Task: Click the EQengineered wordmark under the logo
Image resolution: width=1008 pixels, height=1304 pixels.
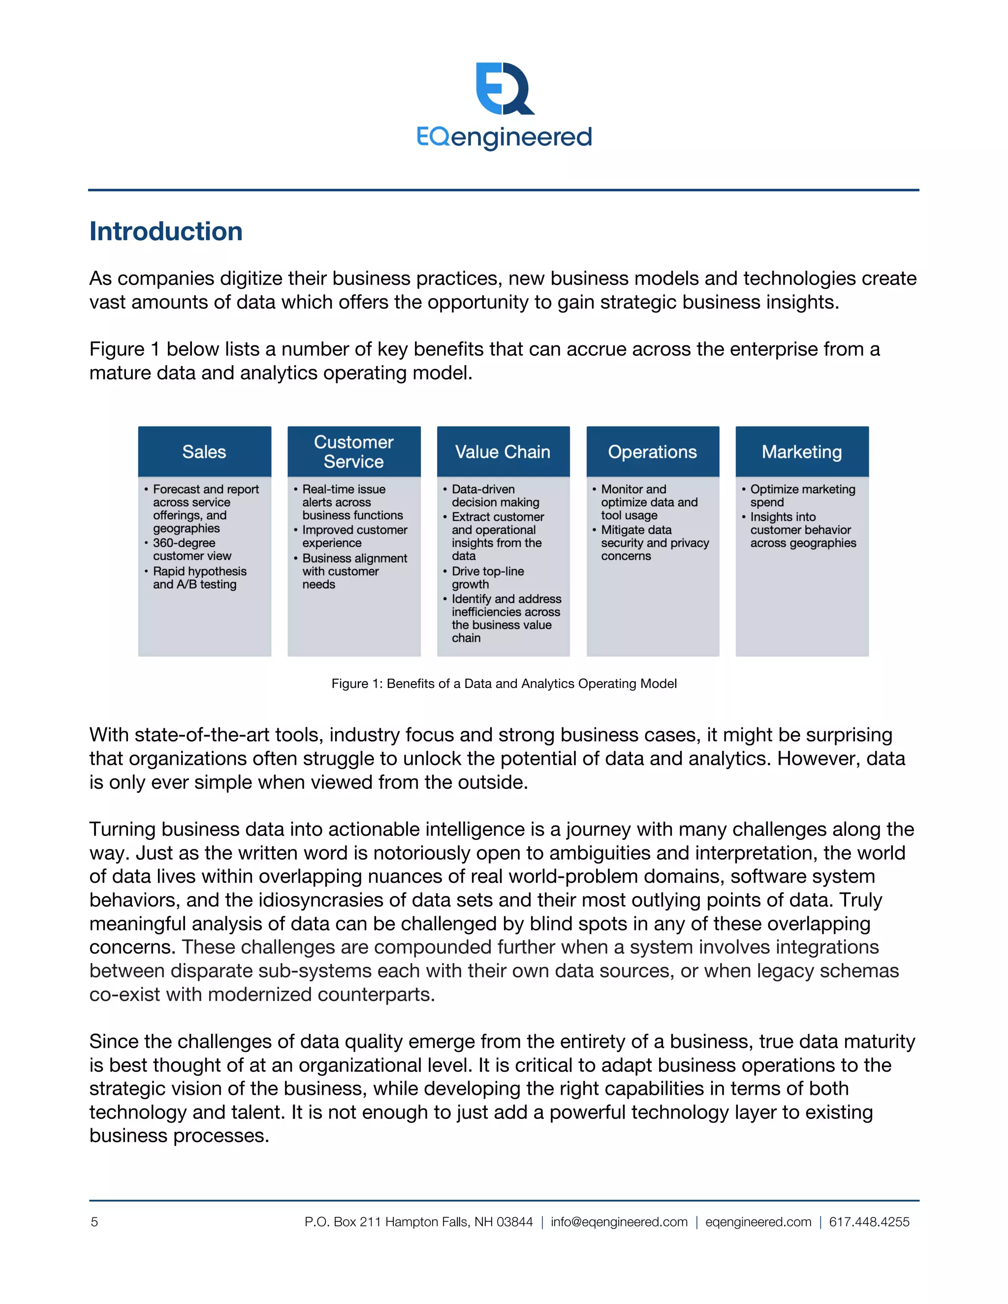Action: tap(504, 137)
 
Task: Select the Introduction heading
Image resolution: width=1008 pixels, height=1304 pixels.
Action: tap(166, 232)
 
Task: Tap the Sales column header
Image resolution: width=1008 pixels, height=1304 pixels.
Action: tap(204, 452)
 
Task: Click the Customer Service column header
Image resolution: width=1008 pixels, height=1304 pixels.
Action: tap(353, 452)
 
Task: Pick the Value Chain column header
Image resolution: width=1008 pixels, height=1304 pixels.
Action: tap(503, 452)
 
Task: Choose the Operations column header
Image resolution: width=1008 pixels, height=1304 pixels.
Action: tap(652, 452)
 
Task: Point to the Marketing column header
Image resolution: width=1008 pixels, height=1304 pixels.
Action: tap(801, 452)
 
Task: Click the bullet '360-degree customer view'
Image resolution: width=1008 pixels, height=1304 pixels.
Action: tap(191, 549)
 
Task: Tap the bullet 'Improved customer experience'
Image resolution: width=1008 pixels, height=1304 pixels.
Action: tap(354, 536)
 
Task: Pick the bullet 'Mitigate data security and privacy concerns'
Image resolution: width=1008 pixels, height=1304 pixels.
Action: tap(654, 543)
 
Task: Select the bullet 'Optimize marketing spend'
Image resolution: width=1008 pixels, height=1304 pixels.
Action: tap(802, 496)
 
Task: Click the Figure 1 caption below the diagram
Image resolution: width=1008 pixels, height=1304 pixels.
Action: tap(504, 683)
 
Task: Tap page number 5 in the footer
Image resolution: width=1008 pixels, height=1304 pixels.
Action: tap(94, 1222)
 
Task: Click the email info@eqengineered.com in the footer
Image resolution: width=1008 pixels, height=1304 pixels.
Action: tap(619, 1222)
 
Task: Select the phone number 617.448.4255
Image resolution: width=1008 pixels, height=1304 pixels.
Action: tap(869, 1222)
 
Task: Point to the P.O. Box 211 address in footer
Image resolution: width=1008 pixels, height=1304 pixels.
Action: tap(418, 1222)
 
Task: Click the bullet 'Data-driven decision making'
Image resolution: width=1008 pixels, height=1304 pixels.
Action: tap(495, 496)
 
